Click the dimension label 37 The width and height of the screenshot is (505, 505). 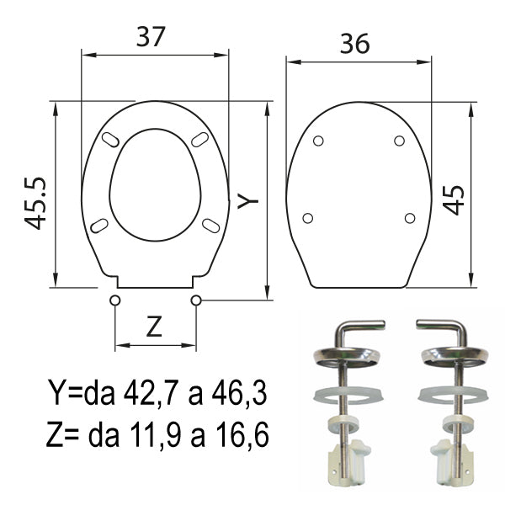coord(151,36)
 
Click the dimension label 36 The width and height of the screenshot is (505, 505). coord(355,44)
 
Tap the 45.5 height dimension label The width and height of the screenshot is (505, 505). coord(35,203)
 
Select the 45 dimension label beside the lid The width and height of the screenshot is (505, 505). coord(453,200)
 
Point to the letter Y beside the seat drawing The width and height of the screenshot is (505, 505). coord(248,200)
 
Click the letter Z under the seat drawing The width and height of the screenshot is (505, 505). coord(154,327)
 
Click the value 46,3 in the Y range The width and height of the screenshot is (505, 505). coord(239,394)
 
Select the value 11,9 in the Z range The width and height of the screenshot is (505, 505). coord(156,435)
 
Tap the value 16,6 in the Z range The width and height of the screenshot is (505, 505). coord(242,435)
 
